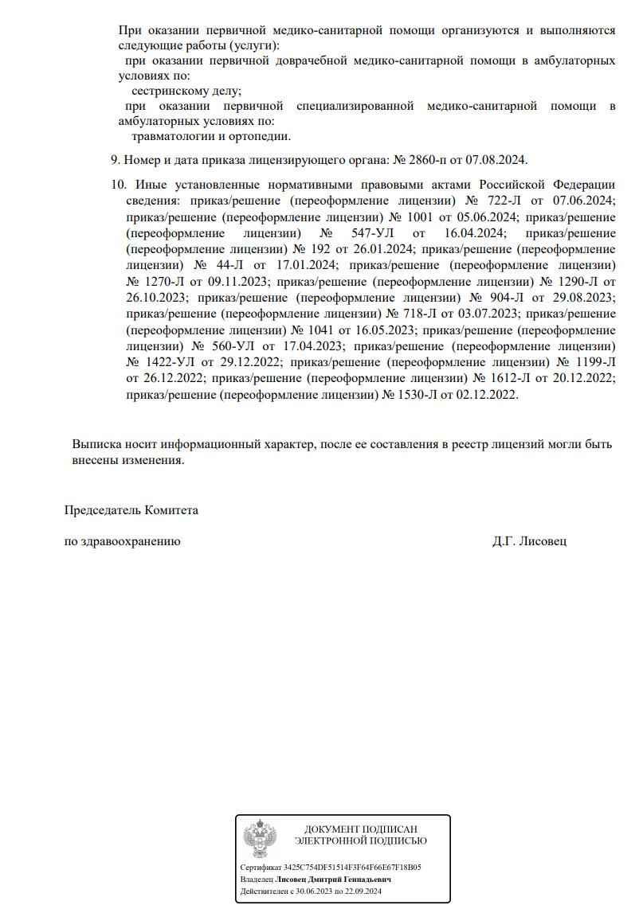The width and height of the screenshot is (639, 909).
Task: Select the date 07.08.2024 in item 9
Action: pos(497,159)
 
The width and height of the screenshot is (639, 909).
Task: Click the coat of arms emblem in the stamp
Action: pos(261,837)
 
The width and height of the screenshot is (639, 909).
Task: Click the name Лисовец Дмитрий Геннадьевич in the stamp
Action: pos(333,880)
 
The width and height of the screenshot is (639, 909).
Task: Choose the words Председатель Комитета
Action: pos(131,509)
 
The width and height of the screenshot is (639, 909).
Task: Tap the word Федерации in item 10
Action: pos(580,185)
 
